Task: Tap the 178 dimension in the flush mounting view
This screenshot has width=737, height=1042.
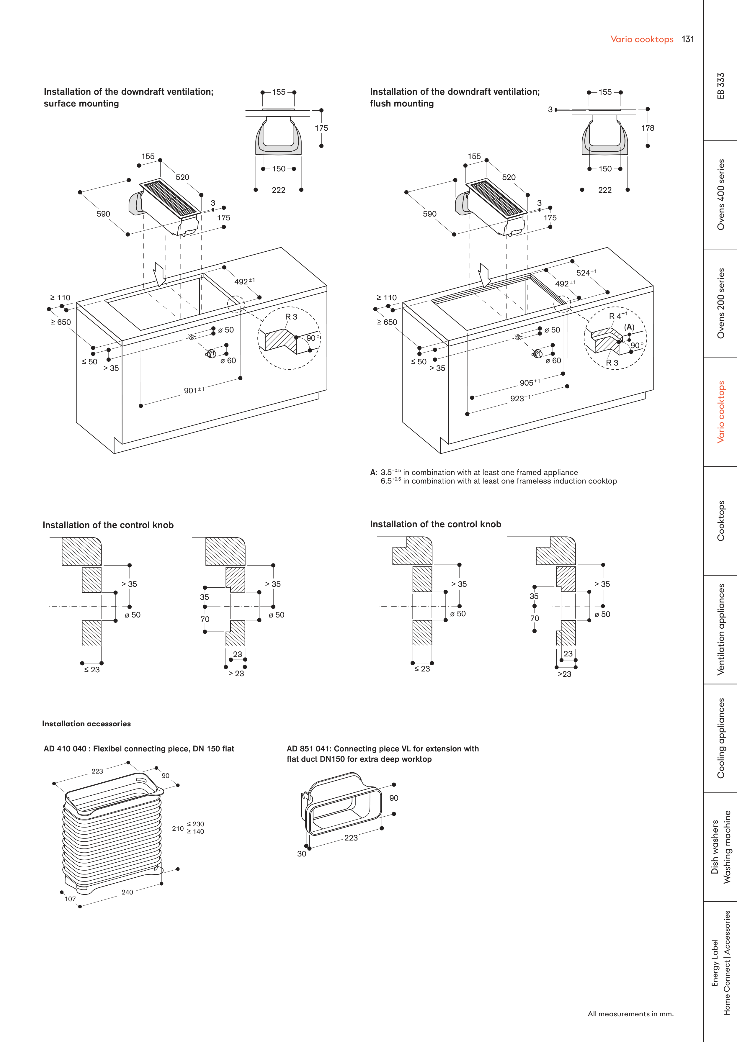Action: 648,128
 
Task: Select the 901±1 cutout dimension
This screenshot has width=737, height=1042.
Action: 194,390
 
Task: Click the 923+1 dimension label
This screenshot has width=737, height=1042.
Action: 520,398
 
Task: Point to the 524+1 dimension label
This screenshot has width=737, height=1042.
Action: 586,272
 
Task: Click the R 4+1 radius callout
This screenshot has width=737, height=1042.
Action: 617,315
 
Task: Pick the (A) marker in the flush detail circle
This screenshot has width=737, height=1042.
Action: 629,327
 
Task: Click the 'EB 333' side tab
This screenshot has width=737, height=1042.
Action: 721,86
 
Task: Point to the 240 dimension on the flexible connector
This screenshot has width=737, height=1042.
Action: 127,892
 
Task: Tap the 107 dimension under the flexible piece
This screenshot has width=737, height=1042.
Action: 70,899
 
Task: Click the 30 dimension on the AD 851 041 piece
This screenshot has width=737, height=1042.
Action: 302,854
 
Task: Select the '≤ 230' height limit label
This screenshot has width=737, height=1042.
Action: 196,824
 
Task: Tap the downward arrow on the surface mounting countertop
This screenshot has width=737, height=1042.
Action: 159,274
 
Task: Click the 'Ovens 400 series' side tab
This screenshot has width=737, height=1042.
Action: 721,194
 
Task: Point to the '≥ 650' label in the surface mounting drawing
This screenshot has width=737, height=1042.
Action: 61,322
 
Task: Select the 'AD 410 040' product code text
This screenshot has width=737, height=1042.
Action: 65,748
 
